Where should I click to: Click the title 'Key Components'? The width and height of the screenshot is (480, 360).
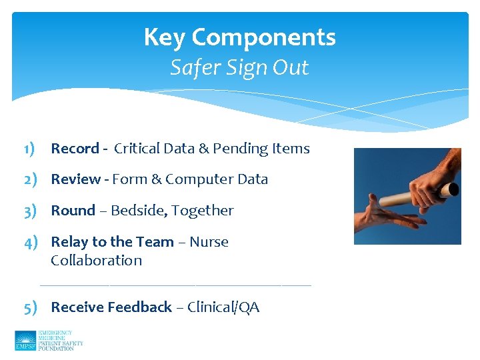click(239, 38)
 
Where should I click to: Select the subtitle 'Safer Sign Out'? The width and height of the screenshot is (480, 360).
click(239, 68)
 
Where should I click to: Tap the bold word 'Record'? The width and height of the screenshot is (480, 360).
click(75, 149)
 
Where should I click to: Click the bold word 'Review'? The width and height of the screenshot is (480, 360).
click(75, 179)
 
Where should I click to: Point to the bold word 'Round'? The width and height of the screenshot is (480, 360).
click(73, 211)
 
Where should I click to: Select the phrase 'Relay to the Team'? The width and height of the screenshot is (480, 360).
click(112, 242)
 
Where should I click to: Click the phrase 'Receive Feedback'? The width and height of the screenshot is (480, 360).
click(111, 307)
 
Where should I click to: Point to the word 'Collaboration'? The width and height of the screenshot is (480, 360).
click(96, 261)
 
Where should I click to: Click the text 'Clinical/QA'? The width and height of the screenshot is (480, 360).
click(223, 307)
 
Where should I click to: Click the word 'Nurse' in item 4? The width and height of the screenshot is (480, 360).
click(209, 242)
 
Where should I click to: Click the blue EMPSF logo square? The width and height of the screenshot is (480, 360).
click(25, 341)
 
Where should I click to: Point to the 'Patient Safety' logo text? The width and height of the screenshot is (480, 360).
click(61, 343)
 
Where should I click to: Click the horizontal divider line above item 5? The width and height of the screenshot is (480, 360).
click(175, 285)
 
